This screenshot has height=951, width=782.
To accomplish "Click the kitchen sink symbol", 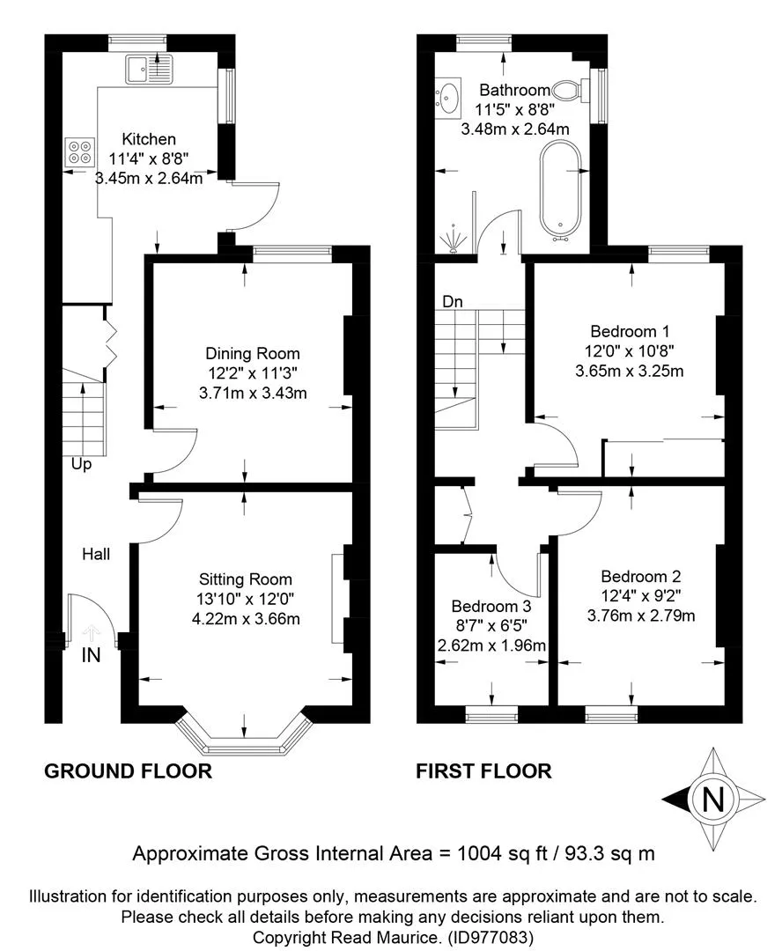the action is click(x=149, y=69).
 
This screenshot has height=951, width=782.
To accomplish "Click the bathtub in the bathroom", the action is click(x=561, y=189).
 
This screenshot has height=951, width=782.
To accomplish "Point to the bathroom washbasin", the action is click(x=448, y=96).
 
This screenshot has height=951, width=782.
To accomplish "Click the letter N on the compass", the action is click(x=713, y=799).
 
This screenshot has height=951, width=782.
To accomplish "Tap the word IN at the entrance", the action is click(x=91, y=655).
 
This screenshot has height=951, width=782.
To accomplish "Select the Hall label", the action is click(x=97, y=554).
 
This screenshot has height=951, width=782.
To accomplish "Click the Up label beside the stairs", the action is click(x=81, y=465).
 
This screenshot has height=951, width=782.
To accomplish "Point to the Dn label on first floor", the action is click(x=453, y=301).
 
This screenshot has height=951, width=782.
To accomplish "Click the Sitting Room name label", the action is click(x=246, y=579).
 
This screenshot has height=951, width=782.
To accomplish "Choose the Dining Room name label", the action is click(x=253, y=354).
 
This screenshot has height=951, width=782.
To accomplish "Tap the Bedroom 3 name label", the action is click(x=491, y=606).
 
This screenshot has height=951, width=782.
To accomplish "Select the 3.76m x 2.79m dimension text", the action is click(x=641, y=616).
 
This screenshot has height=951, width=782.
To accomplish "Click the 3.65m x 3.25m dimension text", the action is click(x=630, y=371).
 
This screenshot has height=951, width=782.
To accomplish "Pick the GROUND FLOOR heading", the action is click(x=128, y=770).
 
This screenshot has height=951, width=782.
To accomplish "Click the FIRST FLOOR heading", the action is click(x=483, y=770).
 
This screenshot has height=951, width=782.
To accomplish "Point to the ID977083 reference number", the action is click(x=491, y=938).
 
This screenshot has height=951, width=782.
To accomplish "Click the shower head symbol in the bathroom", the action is click(x=453, y=239).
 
